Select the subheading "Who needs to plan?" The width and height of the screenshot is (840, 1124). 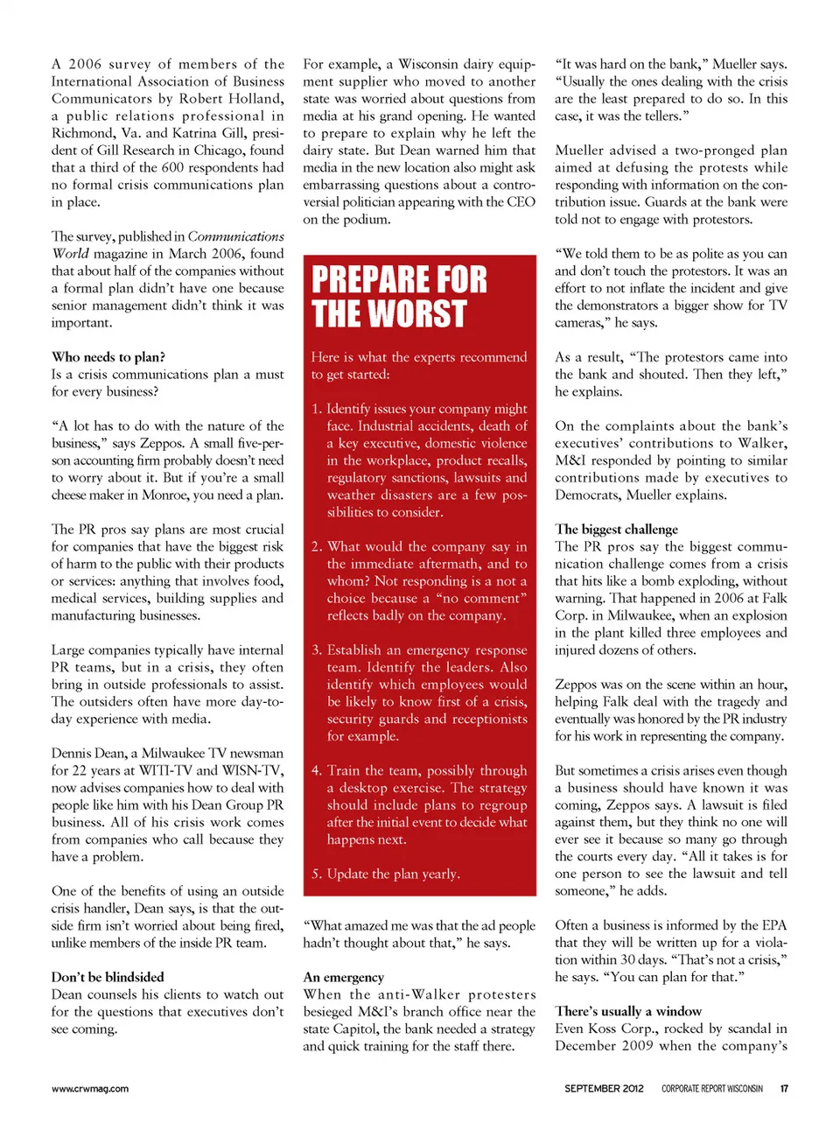(x=108, y=357)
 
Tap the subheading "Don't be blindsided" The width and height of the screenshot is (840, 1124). (x=108, y=977)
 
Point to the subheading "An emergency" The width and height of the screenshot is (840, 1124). (x=344, y=977)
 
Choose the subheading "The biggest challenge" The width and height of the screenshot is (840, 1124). (x=616, y=529)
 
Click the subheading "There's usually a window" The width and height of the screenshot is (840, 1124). (x=628, y=1011)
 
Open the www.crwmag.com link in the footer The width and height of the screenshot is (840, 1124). (x=90, y=1089)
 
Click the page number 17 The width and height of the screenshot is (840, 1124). (x=784, y=1089)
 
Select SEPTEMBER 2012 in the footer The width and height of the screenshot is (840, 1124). (x=604, y=1089)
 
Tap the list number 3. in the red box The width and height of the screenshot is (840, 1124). (x=317, y=650)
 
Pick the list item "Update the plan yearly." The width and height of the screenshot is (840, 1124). (x=393, y=874)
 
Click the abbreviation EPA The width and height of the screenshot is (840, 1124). (x=773, y=925)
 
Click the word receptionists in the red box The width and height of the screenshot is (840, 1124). (x=489, y=719)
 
